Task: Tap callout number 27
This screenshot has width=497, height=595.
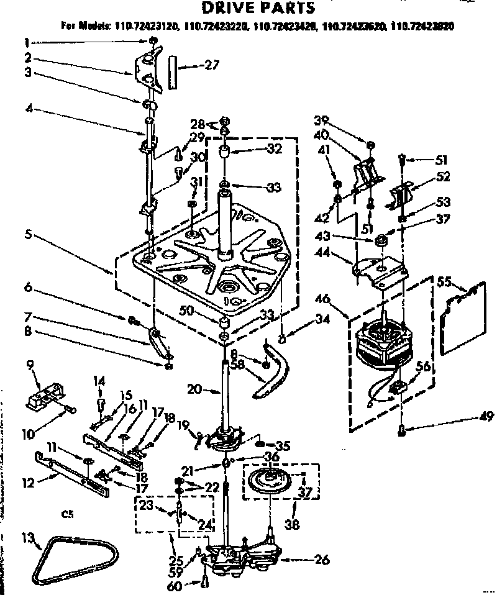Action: tap(214, 64)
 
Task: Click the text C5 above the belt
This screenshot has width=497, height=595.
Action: tap(68, 514)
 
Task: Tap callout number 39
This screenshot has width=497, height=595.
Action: tap(356, 120)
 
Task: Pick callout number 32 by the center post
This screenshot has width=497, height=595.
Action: tap(275, 149)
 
